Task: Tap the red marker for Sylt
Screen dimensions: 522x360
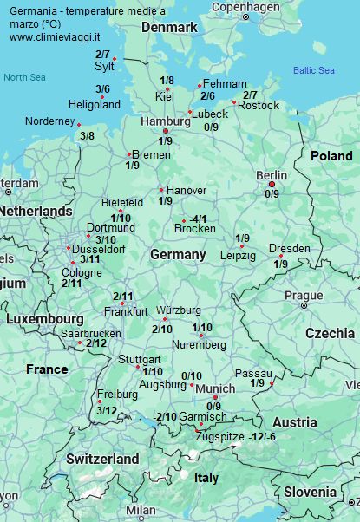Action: [115, 60]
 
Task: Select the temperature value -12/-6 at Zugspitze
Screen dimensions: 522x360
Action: [263, 435]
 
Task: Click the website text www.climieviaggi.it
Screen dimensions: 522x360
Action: [54, 37]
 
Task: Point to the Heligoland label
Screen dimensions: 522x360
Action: [94, 105]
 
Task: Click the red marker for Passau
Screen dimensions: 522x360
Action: [272, 383]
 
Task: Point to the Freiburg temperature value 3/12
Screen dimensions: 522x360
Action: [107, 410]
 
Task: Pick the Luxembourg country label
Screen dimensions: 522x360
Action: [44, 318]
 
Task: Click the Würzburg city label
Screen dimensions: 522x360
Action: [178, 310]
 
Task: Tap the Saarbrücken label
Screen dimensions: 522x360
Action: [91, 333]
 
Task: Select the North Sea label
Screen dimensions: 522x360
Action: [23, 77]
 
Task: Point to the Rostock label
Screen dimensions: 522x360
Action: [259, 106]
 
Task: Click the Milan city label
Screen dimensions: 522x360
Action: [140, 511]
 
